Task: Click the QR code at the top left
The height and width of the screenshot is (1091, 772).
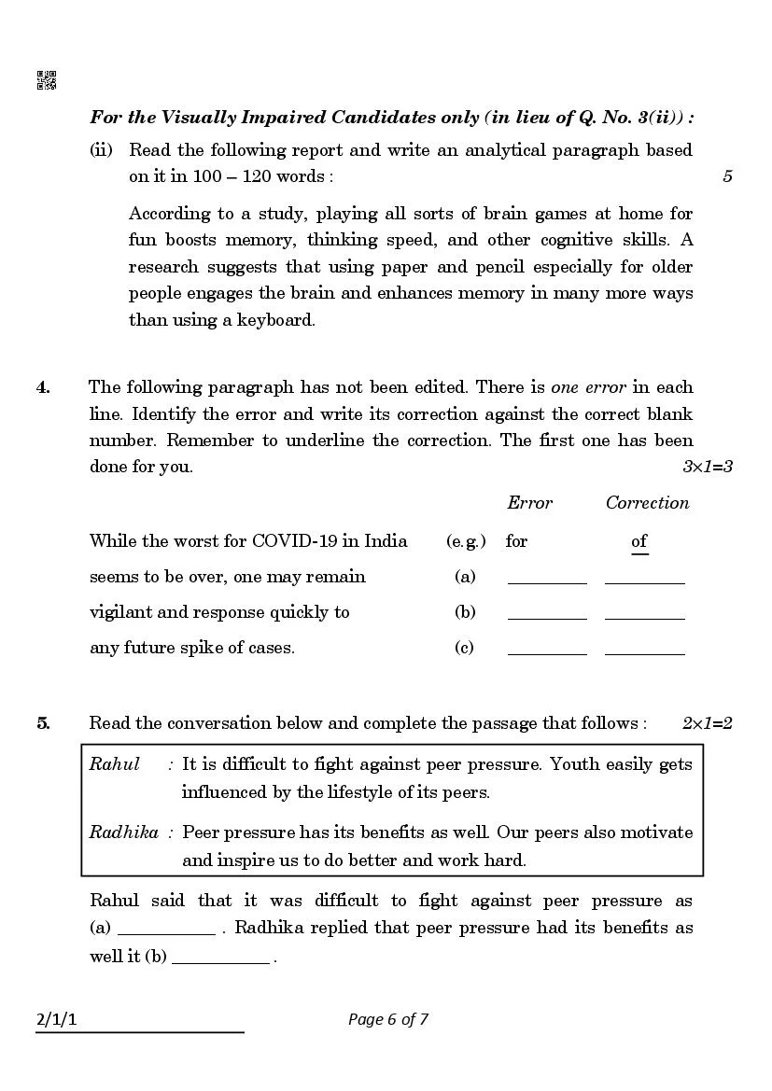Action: point(46,80)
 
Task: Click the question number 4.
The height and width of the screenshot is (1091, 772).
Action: point(43,387)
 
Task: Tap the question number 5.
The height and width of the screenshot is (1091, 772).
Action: point(43,723)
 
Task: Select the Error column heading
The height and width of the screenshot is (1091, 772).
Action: point(529,503)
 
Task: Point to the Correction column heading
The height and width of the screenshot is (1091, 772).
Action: point(647,503)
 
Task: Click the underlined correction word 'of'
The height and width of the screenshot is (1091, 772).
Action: point(639,541)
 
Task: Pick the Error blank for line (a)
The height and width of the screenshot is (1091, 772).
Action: point(547,579)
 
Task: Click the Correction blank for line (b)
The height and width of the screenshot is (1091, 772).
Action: point(645,614)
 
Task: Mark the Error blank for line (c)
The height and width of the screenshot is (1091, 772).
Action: point(547,650)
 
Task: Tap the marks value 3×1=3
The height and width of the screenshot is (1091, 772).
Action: point(707,467)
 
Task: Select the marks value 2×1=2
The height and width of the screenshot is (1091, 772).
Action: point(707,723)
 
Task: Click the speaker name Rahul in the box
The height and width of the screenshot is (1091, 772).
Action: point(114,764)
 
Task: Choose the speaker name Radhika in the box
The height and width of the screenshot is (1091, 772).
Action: point(123,832)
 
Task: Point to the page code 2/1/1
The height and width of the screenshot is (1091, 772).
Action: point(56,1019)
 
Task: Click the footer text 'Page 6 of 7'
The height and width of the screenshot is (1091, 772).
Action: point(388,1019)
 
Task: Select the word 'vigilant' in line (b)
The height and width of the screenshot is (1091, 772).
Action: point(121,612)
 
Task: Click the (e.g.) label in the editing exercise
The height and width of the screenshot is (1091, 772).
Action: point(465,541)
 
